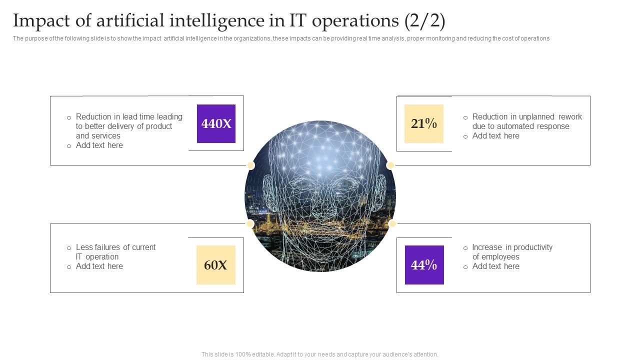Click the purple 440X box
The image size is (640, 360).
tap(216, 123)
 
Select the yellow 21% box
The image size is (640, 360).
tap(423, 123)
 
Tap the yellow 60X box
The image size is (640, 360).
tap(215, 265)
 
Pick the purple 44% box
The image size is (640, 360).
tap(424, 265)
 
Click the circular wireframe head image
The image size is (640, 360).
tap(320, 196)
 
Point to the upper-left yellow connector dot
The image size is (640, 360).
tap(250, 165)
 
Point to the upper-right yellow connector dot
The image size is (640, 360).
tap(390, 165)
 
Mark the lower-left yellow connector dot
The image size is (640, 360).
tap(249, 223)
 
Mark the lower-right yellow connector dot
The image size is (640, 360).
tap(392, 223)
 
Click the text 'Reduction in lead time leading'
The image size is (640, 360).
tap(129, 117)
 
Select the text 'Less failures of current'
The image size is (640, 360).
tap(115, 247)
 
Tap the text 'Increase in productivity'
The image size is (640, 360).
tap(512, 247)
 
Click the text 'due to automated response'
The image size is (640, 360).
tap(520, 126)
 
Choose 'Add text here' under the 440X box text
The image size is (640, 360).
tap(99, 145)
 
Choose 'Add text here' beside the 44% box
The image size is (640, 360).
tap(495, 266)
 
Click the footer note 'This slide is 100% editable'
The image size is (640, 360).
tap(319, 354)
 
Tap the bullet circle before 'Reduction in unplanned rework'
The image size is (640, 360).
tap(465, 117)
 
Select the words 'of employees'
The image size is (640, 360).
tap(495, 257)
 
